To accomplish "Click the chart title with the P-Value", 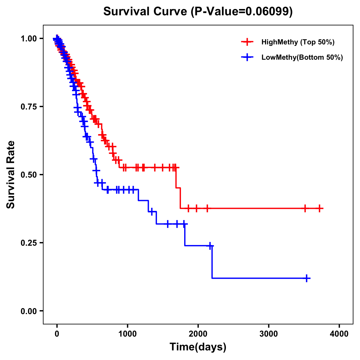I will click(198, 12).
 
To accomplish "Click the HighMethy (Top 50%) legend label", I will click(298, 42).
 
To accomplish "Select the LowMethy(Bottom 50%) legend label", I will click(302, 57).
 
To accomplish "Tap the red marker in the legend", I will click(247, 42).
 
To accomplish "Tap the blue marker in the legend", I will click(247, 57).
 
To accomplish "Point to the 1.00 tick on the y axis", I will click(28, 38).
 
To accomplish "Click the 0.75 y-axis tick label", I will click(28, 106).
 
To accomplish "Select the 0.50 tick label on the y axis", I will click(28, 175).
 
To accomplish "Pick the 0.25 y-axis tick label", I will click(28, 243).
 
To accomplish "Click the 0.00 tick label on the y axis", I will click(28, 311).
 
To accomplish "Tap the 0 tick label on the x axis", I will click(57, 334).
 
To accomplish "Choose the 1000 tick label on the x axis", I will click(127, 334).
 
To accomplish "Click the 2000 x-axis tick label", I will click(198, 334).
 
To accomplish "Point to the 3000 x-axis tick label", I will click(268, 334).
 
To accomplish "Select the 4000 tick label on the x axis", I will click(339, 334).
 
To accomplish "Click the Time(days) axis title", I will click(198, 347).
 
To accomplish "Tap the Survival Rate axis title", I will click(11, 175).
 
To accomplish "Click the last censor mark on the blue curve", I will click(307, 278).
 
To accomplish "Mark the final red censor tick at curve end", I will click(319, 208).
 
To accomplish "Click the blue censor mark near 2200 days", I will click(210, 246).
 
